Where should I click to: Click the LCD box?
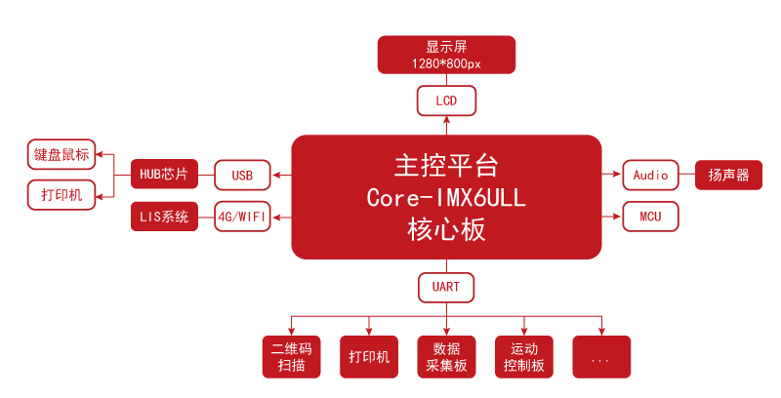446,100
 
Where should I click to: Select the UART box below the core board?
446,288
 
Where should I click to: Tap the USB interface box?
242,176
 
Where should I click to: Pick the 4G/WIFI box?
242,217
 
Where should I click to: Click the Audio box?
650,176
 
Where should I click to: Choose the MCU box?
650,217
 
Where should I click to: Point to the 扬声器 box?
728,176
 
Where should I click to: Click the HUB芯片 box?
164,175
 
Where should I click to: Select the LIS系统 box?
164,217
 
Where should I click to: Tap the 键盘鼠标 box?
61,154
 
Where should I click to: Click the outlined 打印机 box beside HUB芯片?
61,195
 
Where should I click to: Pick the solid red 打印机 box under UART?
369,357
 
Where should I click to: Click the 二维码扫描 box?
291,357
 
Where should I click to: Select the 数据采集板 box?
446,357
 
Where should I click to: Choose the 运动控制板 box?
524,357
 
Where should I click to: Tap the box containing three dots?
601,357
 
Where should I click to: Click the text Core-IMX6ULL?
446,197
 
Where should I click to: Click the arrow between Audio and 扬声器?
686,176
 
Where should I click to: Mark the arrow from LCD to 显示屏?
446,79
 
